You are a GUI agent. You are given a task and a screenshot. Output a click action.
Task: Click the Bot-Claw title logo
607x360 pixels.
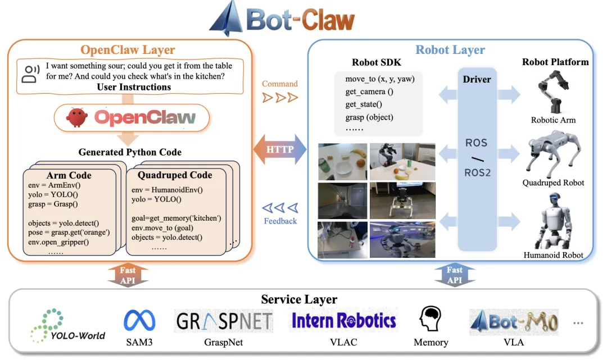tap(282, 20)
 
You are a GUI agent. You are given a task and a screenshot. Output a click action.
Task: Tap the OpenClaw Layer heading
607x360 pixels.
tap(128, 50)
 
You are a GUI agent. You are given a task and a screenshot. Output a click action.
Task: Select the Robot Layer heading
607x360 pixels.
tap(450, 49)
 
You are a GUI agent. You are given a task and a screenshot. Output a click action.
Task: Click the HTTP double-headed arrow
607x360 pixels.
tap(279, 149)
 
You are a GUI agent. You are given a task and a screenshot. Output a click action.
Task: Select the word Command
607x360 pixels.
tap(280, 84)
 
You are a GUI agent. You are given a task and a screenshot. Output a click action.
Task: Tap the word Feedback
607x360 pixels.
tap(280, 221)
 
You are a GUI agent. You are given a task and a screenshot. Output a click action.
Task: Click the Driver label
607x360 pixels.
tap(477, 79)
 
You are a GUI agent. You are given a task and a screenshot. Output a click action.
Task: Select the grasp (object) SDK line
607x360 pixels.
tap(369, 117)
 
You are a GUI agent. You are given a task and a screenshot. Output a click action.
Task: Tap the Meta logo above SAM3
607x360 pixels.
tap(139, 320)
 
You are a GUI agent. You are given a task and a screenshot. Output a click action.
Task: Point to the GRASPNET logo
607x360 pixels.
tap(224, 321)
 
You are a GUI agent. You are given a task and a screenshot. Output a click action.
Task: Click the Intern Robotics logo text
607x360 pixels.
tap(343, 321)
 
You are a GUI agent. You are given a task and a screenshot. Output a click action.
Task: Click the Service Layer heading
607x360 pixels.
tap(298, 299)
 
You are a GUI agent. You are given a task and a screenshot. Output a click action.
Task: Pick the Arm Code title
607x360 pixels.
tap(69, 175)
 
